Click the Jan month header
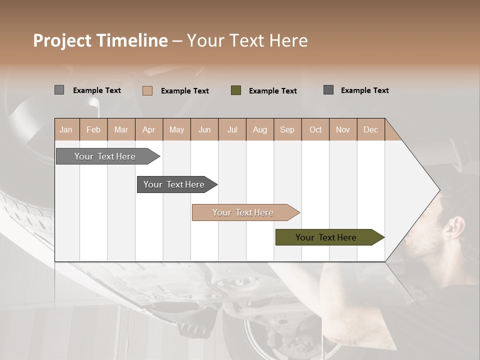66,129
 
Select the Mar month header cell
121,129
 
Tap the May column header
176,129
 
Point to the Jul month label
232,129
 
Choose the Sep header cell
287,129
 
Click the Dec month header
370,129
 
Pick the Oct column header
315,129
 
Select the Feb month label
93,129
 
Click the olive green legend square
236,90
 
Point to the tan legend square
147,90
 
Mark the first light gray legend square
59,90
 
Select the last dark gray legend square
328,90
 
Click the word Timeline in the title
131,40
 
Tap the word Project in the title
62,40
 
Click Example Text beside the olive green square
272,91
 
